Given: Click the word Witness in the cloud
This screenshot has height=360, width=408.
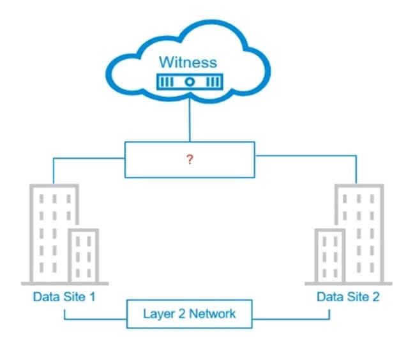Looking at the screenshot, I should point(188,63).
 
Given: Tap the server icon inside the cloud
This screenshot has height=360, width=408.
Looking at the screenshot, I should point(189,82).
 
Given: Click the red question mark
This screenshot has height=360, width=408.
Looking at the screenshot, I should point(190,160).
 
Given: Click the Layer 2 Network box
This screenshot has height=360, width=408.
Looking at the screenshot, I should point(189,313).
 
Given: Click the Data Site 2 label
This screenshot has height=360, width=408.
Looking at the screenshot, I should point(348,297).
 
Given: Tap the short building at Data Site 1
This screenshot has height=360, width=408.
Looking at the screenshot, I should point(83,255).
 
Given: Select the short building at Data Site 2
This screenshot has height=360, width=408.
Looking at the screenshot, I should point(329,255).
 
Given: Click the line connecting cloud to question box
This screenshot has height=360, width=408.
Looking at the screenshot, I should point(189,121).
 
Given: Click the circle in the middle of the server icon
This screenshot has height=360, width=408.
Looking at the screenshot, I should point(189,82).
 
